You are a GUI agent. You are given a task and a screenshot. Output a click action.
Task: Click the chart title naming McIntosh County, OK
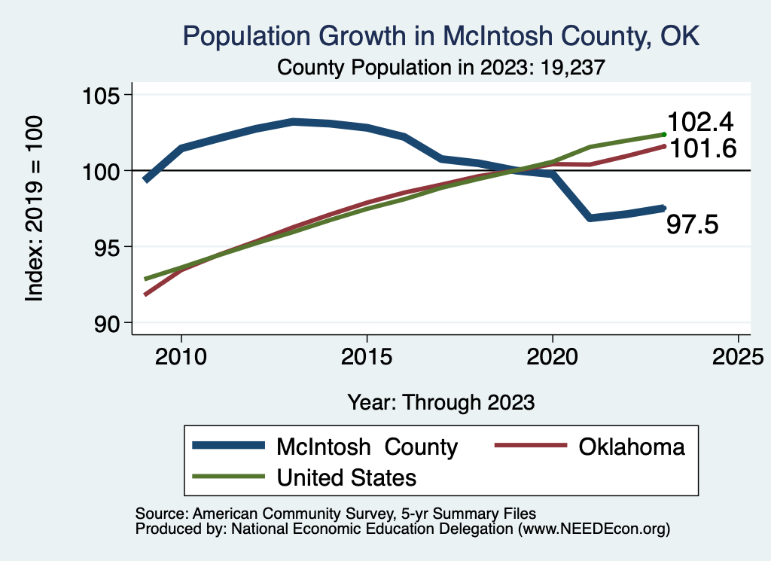(442, 36)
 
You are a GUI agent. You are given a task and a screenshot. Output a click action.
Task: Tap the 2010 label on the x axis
(181, 355)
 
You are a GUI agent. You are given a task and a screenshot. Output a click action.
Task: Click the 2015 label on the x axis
(367, 355)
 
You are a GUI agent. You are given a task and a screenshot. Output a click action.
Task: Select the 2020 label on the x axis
(553, 355)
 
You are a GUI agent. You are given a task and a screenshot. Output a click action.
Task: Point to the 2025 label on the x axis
(738, 355)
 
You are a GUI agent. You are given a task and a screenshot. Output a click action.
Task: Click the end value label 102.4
(701, 123)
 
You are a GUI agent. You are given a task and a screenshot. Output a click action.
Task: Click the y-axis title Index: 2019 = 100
(35, 209)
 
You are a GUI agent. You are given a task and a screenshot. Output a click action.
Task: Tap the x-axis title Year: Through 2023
(441, 402)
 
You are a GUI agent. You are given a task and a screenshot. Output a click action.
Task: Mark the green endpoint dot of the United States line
(664, 134)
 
